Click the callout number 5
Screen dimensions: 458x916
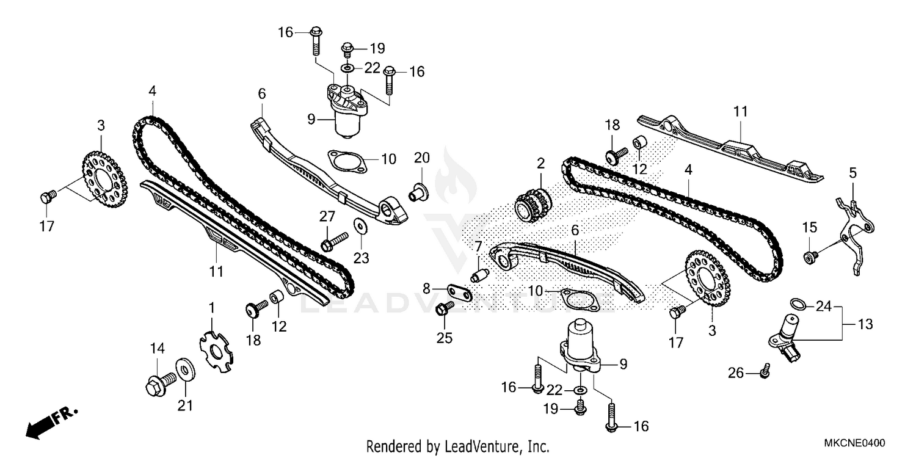(853, 173)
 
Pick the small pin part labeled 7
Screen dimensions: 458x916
(481, 273)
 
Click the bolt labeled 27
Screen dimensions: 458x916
(333, 240)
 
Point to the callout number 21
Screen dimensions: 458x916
(185, 405)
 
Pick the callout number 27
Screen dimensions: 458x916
(327, 216)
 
